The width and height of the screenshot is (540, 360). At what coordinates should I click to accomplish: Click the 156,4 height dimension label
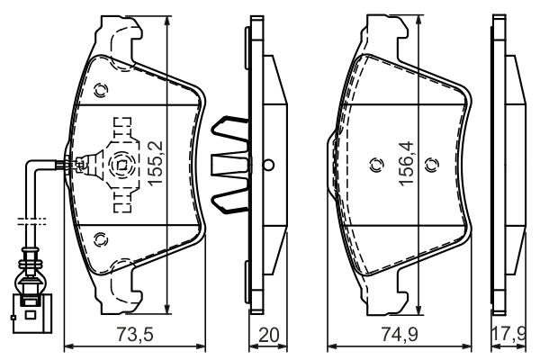pyautogui.click(x=408, y=162)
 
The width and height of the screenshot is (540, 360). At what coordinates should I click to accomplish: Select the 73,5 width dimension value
pyautogui.click(x=136, y=336)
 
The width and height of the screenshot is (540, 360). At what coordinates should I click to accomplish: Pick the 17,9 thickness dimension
pyautogui.click(x=509, y=336)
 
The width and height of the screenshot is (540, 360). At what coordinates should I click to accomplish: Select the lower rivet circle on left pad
pyautogui.click(x=101, y=239)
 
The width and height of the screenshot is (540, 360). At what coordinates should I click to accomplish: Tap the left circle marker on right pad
pyautogui.click(x=377, y=164)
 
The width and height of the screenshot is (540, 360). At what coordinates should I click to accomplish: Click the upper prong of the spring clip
pyautogui.click(x=229, y=130)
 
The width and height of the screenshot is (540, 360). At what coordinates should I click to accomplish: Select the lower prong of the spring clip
pyautogui.click(x=229, y=200)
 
